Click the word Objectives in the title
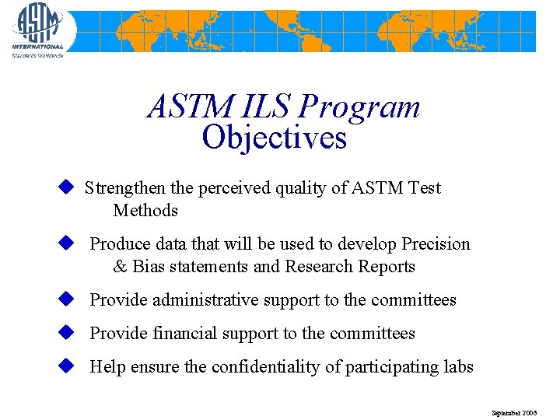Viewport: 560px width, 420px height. pyautogui.click(x=274, y=138)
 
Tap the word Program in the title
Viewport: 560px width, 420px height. pyautogui.click(x=359, y=107)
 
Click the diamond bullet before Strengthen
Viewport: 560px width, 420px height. pyautogui.click(x=66, y=187)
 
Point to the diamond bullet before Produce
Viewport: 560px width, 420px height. pyautogui.click(x=66, y=243)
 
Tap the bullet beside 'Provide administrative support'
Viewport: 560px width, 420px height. pyautogui.click(x=66, y=299)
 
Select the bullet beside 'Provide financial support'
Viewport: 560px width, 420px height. pyautogui.click(x=66, y=333)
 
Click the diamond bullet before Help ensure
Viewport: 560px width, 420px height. pyautogui.click(x=66, y=366)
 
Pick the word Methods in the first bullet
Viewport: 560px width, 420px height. pyautogui.click(x=145, y=211)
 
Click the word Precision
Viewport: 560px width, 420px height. pyautogui.click(x=436, y=244)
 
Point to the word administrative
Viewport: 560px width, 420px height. pyautogui.click(x=205, y=300)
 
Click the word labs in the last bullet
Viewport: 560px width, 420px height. pyautogui.click(x=458, y=367)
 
